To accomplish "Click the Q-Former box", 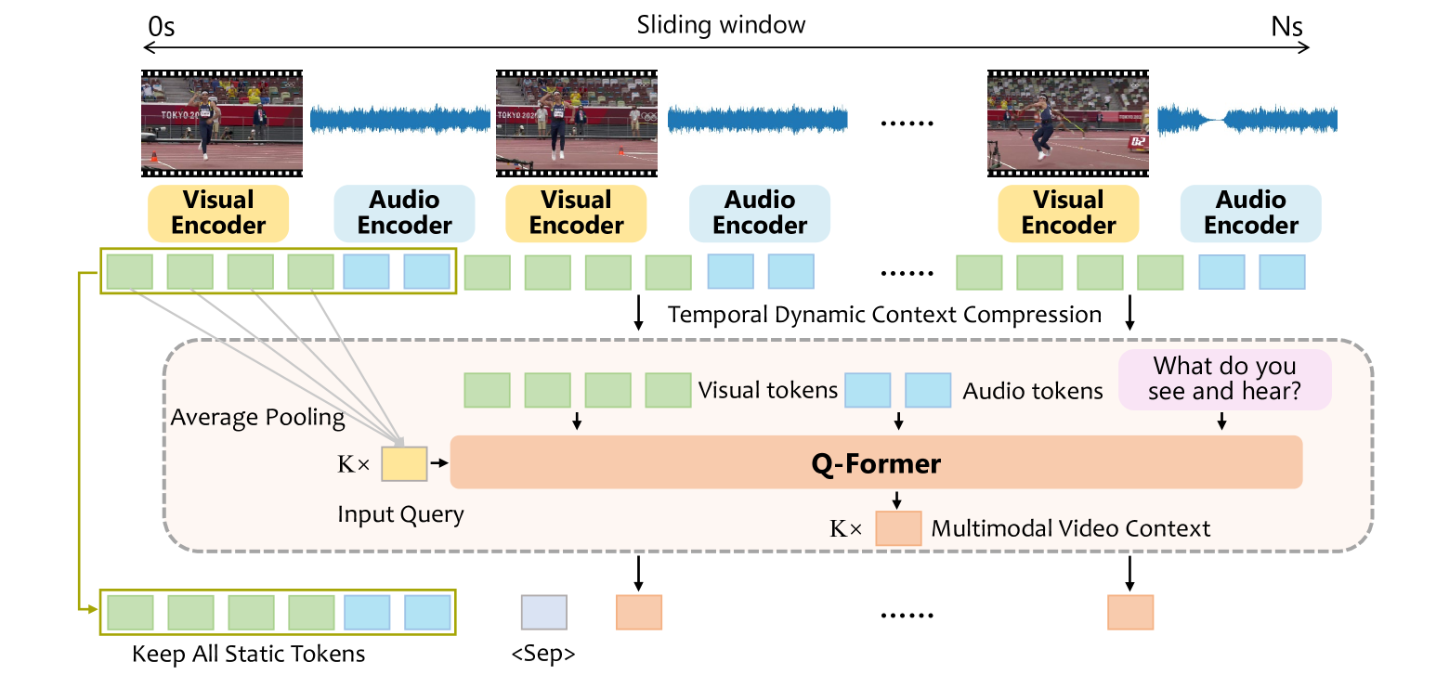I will click(876, 462).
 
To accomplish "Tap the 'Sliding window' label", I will click(721, 25).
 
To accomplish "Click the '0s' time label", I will click(161, 26).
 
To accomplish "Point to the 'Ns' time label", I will click(1287, 26).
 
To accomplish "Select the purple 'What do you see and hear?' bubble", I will click(1225, 379).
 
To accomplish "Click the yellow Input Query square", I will click(404, 462).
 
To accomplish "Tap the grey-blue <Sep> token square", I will click(543, 613).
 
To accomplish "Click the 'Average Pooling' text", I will click(257, 418).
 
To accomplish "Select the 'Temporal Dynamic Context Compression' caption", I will click(884, 314).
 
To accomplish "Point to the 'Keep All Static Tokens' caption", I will click(248, 654).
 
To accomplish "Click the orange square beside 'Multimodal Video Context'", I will click(898, 528).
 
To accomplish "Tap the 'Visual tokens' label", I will click(767, 391).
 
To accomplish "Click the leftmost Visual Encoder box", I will click(218, 213).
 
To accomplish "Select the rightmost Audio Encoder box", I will click(1251, 213).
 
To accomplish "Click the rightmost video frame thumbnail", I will click(1068, 123).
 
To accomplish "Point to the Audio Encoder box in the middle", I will click(760, 213).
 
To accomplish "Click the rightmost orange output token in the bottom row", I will click(1130, 613).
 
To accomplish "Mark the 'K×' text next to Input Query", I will click(353, 462).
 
